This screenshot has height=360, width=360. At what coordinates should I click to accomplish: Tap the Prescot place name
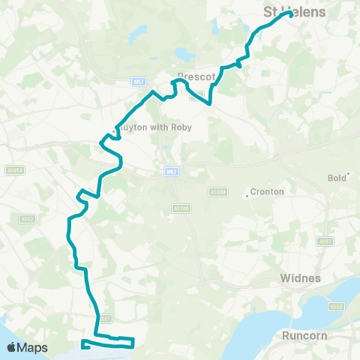pos(196,76)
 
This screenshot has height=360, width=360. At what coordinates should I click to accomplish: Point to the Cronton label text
pos(267,192)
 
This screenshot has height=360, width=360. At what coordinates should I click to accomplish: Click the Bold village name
pos(337,178)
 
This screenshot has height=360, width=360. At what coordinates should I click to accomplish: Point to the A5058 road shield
pos(16,170)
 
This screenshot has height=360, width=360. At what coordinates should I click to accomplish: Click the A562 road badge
pos(27,219)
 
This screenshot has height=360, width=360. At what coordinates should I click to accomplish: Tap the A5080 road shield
pos(218,192)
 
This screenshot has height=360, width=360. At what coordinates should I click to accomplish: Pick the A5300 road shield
pos(181,208)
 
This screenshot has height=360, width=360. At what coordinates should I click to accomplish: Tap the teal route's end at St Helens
pos(289,13)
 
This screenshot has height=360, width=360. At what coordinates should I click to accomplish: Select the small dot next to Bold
pos(348,174)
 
